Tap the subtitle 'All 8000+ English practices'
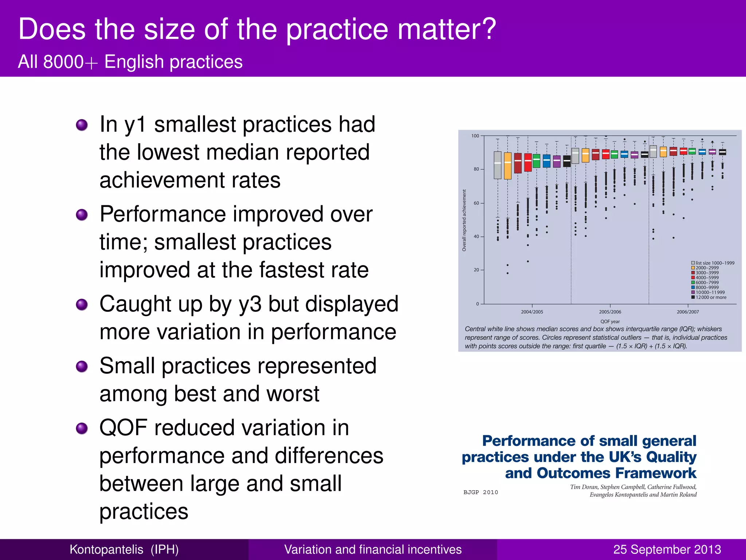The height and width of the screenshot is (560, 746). (130, 62)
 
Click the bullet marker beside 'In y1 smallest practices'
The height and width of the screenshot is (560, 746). (82, 125)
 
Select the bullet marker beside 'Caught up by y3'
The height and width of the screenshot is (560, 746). (82, 304)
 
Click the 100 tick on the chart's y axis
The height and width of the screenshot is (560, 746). (475, 136)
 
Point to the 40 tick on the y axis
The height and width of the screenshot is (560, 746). (476, 237)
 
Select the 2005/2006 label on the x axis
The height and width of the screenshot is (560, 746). (610, 312)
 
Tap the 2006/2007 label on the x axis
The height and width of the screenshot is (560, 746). (688, 312)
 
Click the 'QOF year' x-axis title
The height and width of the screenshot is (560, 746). (610, 322)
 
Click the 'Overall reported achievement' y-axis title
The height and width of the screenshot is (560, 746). (464, 220)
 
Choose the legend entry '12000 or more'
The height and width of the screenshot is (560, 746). (711, 297)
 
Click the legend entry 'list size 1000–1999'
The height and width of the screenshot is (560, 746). (714, 263)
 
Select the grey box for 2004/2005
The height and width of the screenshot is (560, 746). (498, 165)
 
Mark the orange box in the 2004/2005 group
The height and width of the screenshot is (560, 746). (508, 166)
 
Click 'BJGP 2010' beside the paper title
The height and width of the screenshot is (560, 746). (480, 492)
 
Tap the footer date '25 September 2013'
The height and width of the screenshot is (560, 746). (667, 549)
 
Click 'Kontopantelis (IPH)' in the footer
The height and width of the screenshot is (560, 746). (124, 549)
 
